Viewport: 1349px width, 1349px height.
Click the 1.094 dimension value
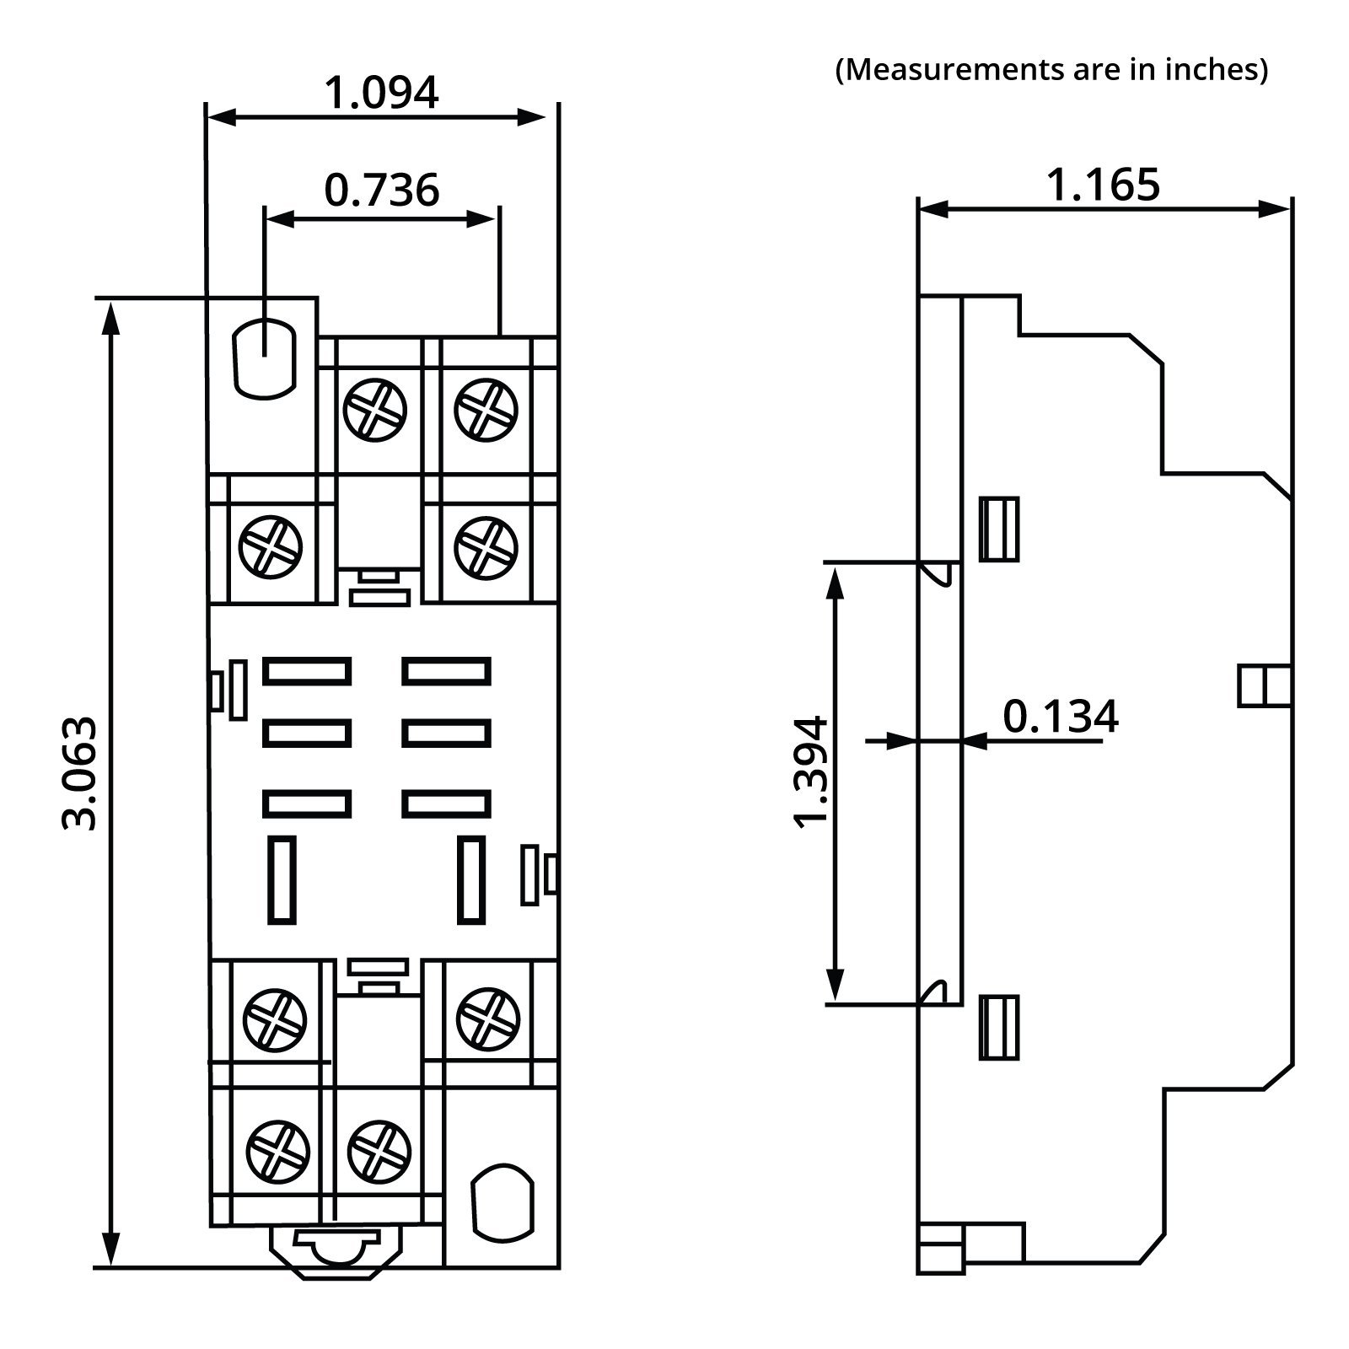(x=381, y=93)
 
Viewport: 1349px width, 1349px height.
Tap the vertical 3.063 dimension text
(x=80, y=773)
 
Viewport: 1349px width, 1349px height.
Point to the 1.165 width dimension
(x=1103, y=185)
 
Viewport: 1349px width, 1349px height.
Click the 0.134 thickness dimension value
(x=1060, y=717)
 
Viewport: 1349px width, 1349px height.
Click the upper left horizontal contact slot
(x=307, y=671)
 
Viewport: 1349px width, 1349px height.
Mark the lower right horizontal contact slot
(x=446, y=803)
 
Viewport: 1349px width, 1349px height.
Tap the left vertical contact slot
(x=282, y=879)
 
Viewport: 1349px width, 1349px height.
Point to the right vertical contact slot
(x=470, y=879)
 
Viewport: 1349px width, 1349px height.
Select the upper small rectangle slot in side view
(x=999, y=529)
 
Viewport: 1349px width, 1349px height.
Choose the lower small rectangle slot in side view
(x=999, y=1027)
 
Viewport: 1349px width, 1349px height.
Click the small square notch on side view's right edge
(x=1264, y=685)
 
